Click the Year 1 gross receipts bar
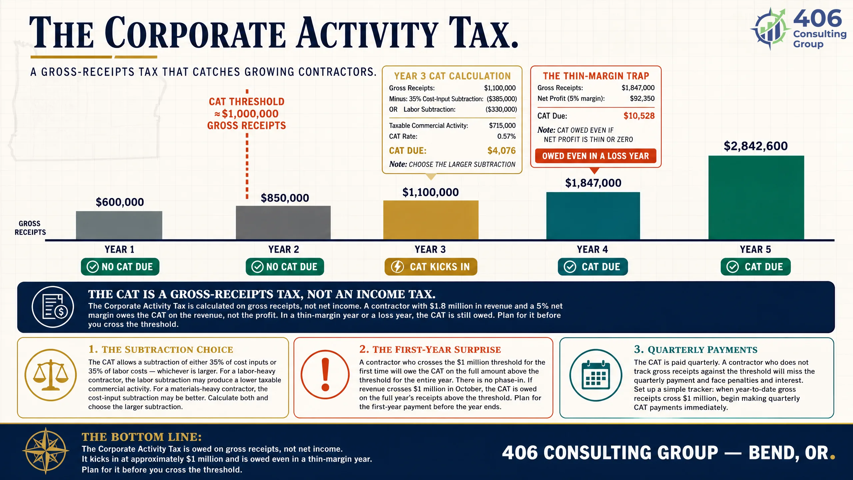click(119, 225)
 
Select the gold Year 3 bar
click(431, 220)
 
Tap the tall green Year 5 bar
click(756, 197)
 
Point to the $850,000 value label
click(285, 198)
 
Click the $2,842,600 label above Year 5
click(756, 146)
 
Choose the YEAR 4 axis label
click(592, 249)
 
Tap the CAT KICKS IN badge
click(431, 267)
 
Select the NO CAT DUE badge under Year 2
click(285, 267)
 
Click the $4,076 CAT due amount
click(501, 151)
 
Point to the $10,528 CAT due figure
click(639, 116)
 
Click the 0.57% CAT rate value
click(506, 136)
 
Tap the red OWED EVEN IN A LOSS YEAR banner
click(595, 156)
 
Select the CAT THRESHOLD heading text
click(247, 102)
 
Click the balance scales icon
click(51, 375)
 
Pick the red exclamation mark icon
click(325, 374)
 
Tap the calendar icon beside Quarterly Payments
click(596, 375)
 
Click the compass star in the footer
click(46, 451)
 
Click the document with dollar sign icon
click(53, 307)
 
